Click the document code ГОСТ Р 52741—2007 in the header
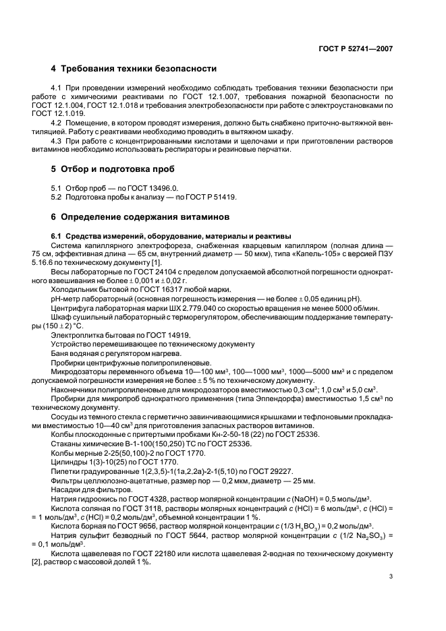click(355, 49)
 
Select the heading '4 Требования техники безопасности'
click(134, 69)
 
